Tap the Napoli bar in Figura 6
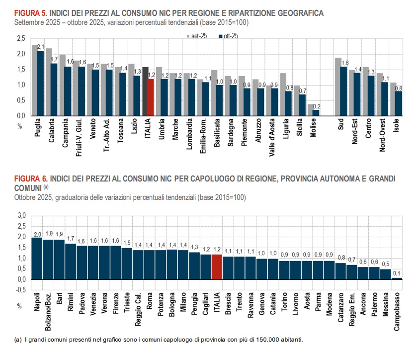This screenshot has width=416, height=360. click(x=37, y=258)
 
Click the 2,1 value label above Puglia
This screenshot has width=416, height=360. click(x=41, y=47)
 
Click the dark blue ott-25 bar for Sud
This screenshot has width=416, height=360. click(x=344, y=91)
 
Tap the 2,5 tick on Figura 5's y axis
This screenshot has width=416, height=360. click(x=21, y=38)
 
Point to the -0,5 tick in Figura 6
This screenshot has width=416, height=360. click(x=21, y=290)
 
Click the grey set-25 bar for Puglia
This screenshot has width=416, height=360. click(x=34, y=80)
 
